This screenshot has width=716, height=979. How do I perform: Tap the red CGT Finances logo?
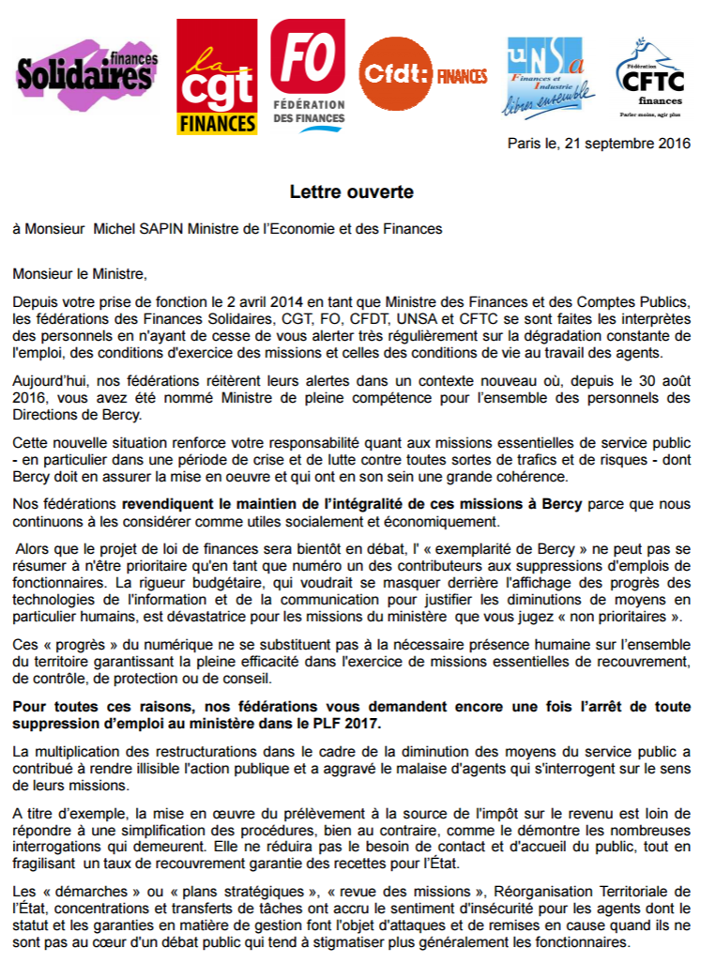coord(217,78)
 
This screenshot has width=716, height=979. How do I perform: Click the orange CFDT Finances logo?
coord(422,74)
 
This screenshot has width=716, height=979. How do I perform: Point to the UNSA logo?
coord(551,77)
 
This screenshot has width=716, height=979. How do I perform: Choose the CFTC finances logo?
coord(649,80)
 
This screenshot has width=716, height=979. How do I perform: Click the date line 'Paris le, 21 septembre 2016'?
coord(599,144)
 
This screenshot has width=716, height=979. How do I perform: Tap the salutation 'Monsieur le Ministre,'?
coord(80,274)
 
